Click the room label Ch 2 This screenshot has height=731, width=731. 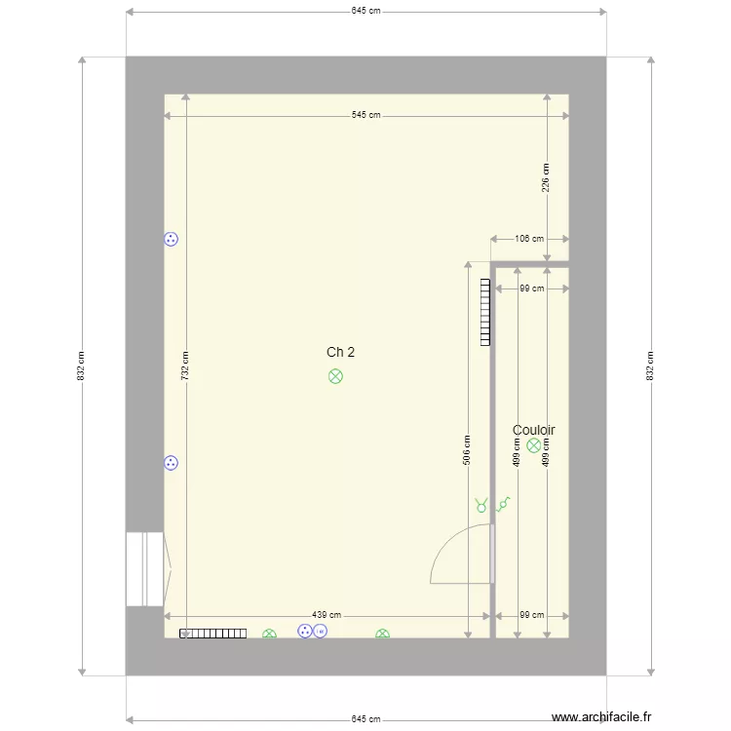340,352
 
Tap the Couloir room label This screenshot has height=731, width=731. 534,430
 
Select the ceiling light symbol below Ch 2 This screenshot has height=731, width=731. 335,376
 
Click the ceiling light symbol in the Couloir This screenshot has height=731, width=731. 534,445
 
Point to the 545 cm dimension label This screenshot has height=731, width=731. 365,115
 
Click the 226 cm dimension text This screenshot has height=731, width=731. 546,177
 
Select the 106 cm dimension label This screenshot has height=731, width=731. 529,239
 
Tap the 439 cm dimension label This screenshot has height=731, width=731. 327,615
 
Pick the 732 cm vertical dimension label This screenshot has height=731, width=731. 185,365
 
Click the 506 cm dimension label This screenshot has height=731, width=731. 467,450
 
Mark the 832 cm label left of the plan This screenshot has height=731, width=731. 81,365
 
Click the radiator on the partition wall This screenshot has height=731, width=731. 485,312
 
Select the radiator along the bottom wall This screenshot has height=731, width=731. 213,634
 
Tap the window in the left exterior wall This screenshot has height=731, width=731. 145,569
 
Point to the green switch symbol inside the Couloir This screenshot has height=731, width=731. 503,505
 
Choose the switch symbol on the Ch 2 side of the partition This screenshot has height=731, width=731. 481,505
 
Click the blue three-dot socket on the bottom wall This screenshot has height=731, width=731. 305,632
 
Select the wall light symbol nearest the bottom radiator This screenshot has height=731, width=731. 269,634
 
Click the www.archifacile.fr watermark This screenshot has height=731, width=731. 601,717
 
